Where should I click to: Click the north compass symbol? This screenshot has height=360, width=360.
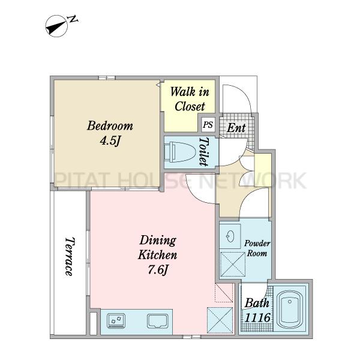pos(56,26)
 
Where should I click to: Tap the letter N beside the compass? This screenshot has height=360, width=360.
pos(73,19)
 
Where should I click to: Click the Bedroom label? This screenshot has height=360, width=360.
pos(110,126)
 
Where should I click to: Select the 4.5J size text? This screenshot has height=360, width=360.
pos(110,141)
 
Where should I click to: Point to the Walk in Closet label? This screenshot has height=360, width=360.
pos(190,99)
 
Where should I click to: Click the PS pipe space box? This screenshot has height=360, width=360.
pos(208,125)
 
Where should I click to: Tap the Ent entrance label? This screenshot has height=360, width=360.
pos(236,128)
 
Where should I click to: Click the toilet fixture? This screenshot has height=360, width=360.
pos(180,152)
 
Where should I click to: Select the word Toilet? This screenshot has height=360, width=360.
pos(204,152)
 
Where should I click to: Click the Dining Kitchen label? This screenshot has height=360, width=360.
pos(157,247)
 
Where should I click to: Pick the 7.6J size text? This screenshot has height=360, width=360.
pos(158,270)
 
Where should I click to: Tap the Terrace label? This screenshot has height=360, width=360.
pos(70,256)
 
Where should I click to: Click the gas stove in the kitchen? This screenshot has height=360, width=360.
pos(116,321)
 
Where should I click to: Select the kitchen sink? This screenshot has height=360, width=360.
pos(157,321)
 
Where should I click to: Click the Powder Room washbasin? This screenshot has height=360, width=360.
pos(230,236)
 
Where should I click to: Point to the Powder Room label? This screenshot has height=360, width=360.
pos(257,248)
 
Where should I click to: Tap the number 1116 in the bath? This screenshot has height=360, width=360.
pos(257,318)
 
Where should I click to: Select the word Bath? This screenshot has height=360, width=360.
pos(257,303)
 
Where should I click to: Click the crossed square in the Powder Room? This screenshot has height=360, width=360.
pos(233,264)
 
